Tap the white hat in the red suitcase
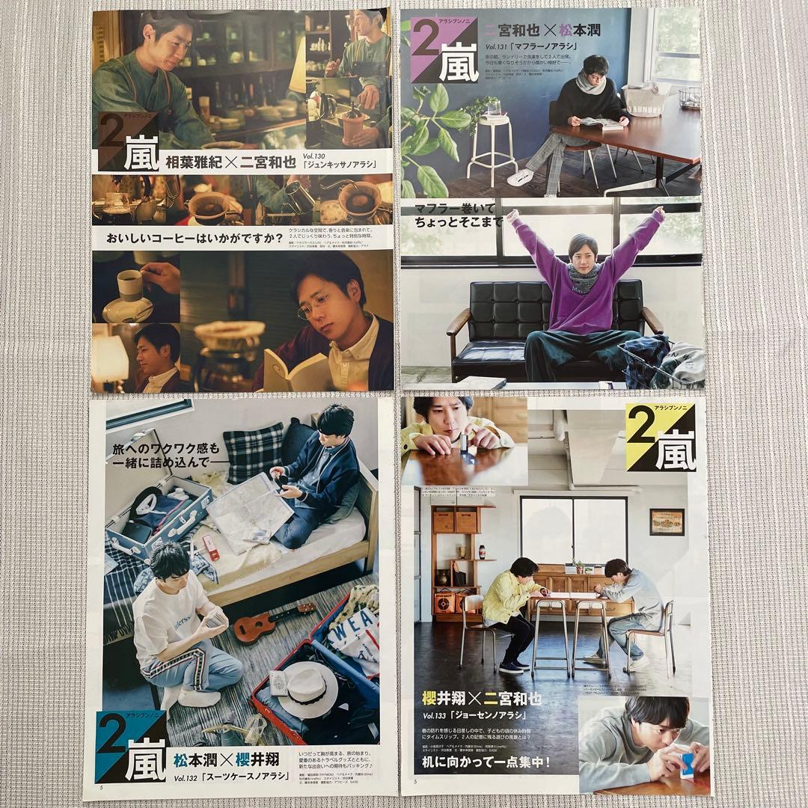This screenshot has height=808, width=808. pos(308,689)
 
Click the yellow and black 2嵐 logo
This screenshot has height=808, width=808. pos(661,438)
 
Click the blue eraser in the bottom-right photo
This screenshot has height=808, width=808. pos(686,765)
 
